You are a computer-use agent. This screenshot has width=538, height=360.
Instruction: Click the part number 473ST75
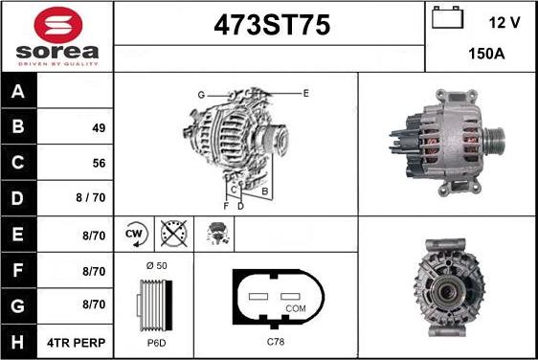pos(269,26)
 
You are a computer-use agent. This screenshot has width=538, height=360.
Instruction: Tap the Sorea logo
pos(56,36)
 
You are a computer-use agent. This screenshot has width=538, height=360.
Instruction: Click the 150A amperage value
pos(485,56)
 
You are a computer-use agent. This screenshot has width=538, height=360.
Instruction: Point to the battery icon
pos(445,18)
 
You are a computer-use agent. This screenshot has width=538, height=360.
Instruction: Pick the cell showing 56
pos(78,164)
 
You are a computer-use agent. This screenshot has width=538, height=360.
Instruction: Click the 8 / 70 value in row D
pos(78,199)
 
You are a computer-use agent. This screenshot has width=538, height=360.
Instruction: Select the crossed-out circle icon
pos(173,233)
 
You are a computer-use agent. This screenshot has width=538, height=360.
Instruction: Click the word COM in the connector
pos(297,308)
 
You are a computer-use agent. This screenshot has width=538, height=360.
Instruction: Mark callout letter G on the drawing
pos(201,95)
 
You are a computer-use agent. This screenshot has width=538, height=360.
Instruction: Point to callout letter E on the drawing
pos(305,93)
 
